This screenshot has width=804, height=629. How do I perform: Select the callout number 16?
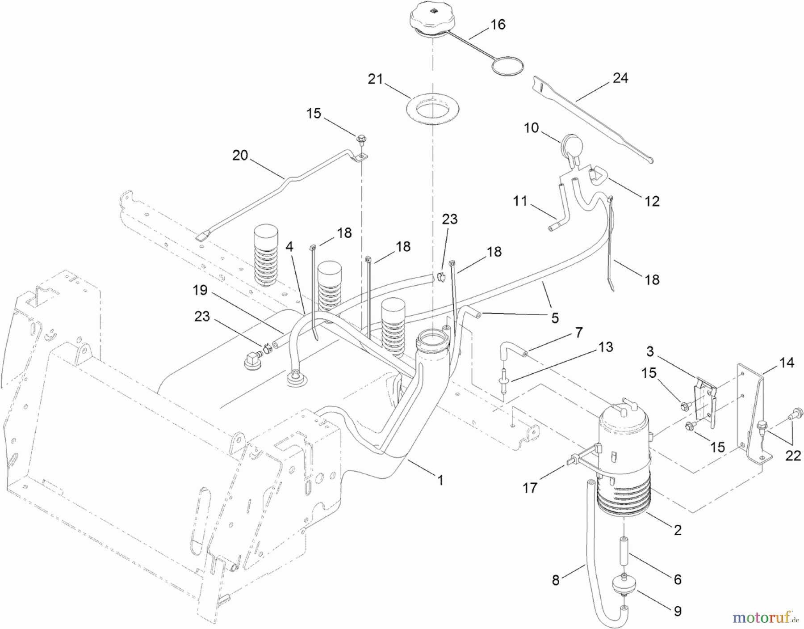[498, 25]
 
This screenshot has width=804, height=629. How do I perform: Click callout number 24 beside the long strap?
[620, 78]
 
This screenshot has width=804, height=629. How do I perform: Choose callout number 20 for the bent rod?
[240, 156]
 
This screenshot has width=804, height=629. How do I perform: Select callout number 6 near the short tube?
[677, 579]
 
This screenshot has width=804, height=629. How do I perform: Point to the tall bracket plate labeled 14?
[754, 416]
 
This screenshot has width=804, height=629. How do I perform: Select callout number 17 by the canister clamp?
[530, 488]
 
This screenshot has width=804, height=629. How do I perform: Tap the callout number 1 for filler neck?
[440, 481]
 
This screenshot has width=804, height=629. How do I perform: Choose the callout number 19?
[200, 290]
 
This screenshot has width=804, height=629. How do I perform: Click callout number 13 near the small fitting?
[606, 347]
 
